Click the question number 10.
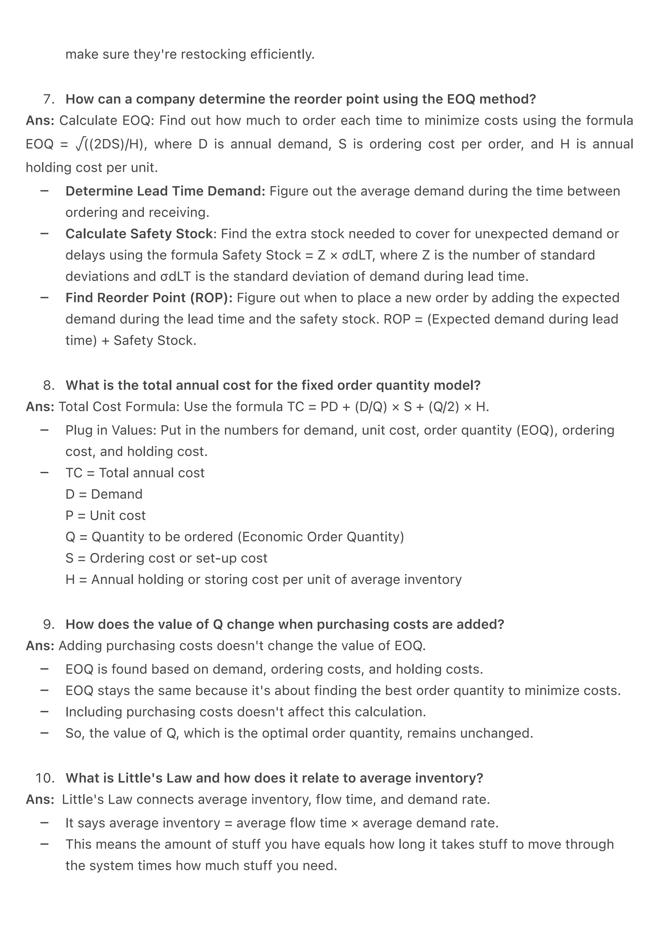point(45,778)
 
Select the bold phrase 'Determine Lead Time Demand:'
point(165,191)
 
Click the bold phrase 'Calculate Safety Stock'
point(139,234)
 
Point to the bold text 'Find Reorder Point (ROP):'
point(149,298)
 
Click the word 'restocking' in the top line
point(213,54)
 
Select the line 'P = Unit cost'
point(105,515)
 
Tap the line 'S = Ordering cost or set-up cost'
point(166,558)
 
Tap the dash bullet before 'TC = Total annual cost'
point(45,472)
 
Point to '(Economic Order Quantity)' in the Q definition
point(320,537)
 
